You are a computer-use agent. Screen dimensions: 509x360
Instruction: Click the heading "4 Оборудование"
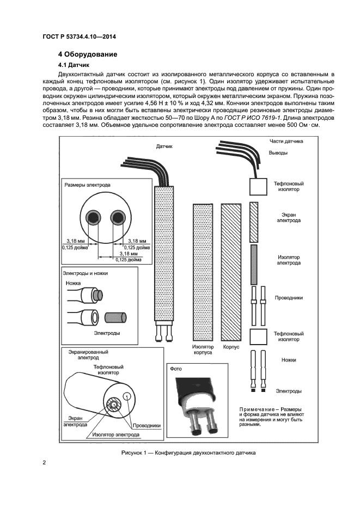pyautogui.click(x=88, y=54)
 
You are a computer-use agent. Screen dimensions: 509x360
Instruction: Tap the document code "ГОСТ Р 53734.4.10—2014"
pyautogui.click(x=80, y=36)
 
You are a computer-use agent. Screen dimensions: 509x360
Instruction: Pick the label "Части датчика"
pyautogui.click(x=286, y=142)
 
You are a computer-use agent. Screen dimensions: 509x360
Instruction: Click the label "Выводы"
pyautogui.click(x=278, y=153)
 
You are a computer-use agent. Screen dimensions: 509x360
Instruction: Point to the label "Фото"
pyautogui.click(x=176, y=368)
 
